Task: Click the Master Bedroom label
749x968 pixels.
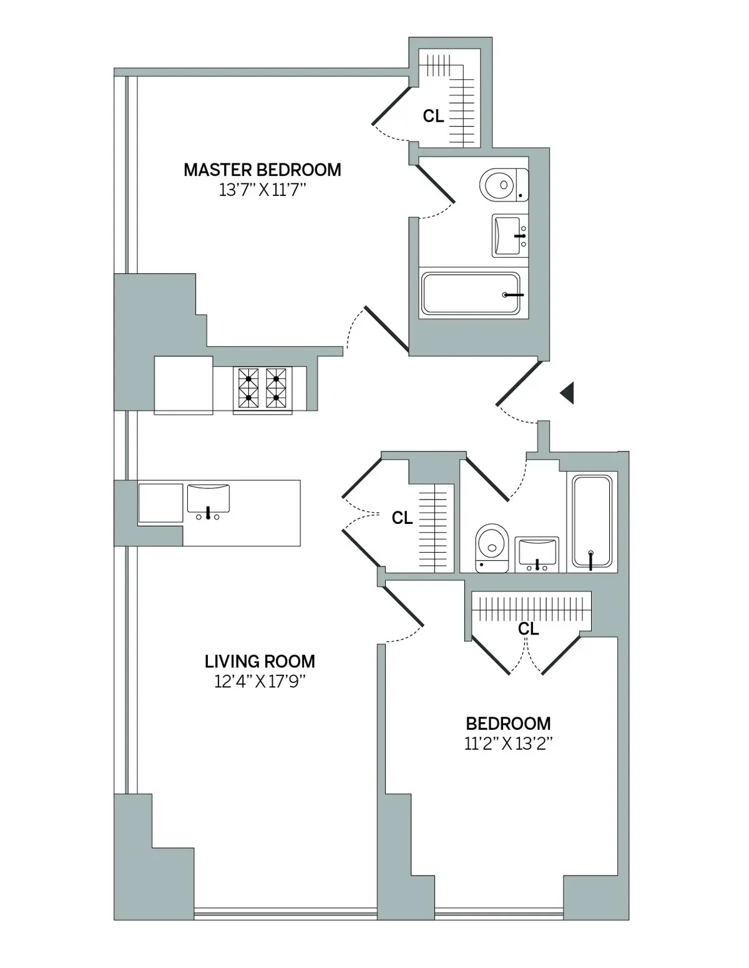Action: coord(262,170)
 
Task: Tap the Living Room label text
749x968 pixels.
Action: coord(260,661)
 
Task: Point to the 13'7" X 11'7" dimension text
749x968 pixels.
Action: coord(262,190)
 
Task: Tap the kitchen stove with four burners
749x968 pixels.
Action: coord(262,388)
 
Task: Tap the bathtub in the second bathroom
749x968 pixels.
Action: coord(592,523)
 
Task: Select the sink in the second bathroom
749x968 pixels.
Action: coord(537,554)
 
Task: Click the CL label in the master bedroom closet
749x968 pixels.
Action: coord(433,116)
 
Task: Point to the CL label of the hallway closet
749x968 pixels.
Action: coord(402,518)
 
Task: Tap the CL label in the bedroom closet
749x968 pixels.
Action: coord(528,629)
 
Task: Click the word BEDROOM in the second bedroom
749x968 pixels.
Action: coord(508,724)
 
